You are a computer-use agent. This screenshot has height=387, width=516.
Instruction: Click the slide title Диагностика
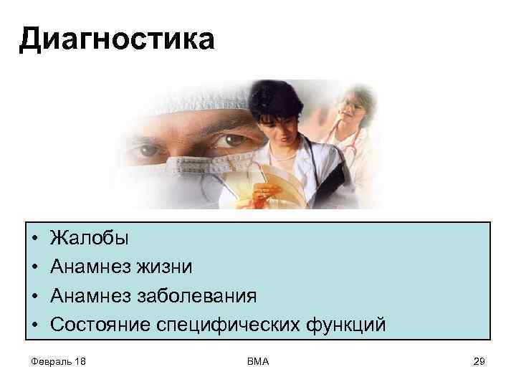pyautogui.click(x=116, y=39)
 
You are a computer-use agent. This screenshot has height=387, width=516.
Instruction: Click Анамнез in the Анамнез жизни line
pyautogui.click(x=89, y=267)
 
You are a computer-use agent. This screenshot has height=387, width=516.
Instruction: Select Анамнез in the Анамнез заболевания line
pyautogui.click(x=89, y=296)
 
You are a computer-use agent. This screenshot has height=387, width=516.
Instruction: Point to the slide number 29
pyautogui.click(x=479, y=361)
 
